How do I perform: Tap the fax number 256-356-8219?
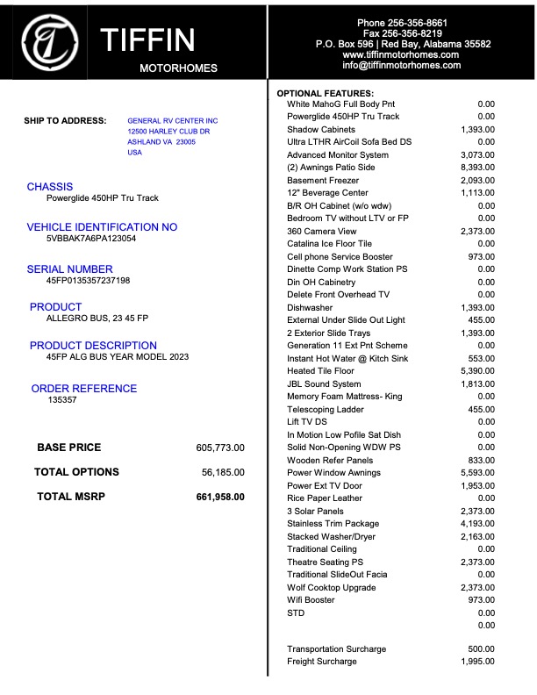point(402,33)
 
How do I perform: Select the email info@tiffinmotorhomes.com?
point(401,65)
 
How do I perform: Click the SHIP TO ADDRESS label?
point(65,121)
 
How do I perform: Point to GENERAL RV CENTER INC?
point(173,120)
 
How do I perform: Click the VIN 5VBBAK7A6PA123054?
point(91,238)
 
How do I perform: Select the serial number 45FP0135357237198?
point(88,281)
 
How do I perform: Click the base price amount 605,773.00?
point(220,448)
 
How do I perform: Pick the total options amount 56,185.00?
point(223,472)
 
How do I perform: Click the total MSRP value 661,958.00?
point(220,497)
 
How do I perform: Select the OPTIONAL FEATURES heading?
point(326,93)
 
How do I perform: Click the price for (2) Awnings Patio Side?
point(477,168)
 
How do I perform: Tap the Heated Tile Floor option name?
point(322,371)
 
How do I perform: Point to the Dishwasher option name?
point(309,308)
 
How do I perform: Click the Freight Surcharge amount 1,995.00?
point(477,662)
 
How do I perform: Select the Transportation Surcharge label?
point(336,649)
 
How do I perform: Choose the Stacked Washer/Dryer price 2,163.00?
point(477,536)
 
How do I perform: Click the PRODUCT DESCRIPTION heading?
point(93,346)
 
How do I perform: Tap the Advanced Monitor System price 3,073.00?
point(477,155)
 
